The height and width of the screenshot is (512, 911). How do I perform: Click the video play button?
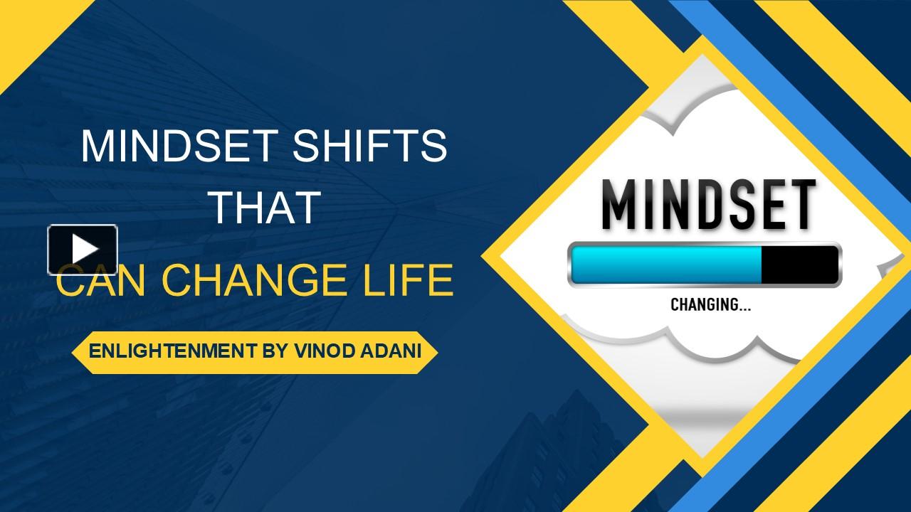coord(83,250)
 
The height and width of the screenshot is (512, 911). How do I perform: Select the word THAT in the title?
coord(264,207)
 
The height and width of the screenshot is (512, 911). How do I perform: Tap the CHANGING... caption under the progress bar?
coord(710,305)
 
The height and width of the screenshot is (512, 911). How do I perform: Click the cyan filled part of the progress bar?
coord(666,265)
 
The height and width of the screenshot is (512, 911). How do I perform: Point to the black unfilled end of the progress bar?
coord(799,265)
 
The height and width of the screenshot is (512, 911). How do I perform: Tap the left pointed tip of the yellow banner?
coord(77,351)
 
